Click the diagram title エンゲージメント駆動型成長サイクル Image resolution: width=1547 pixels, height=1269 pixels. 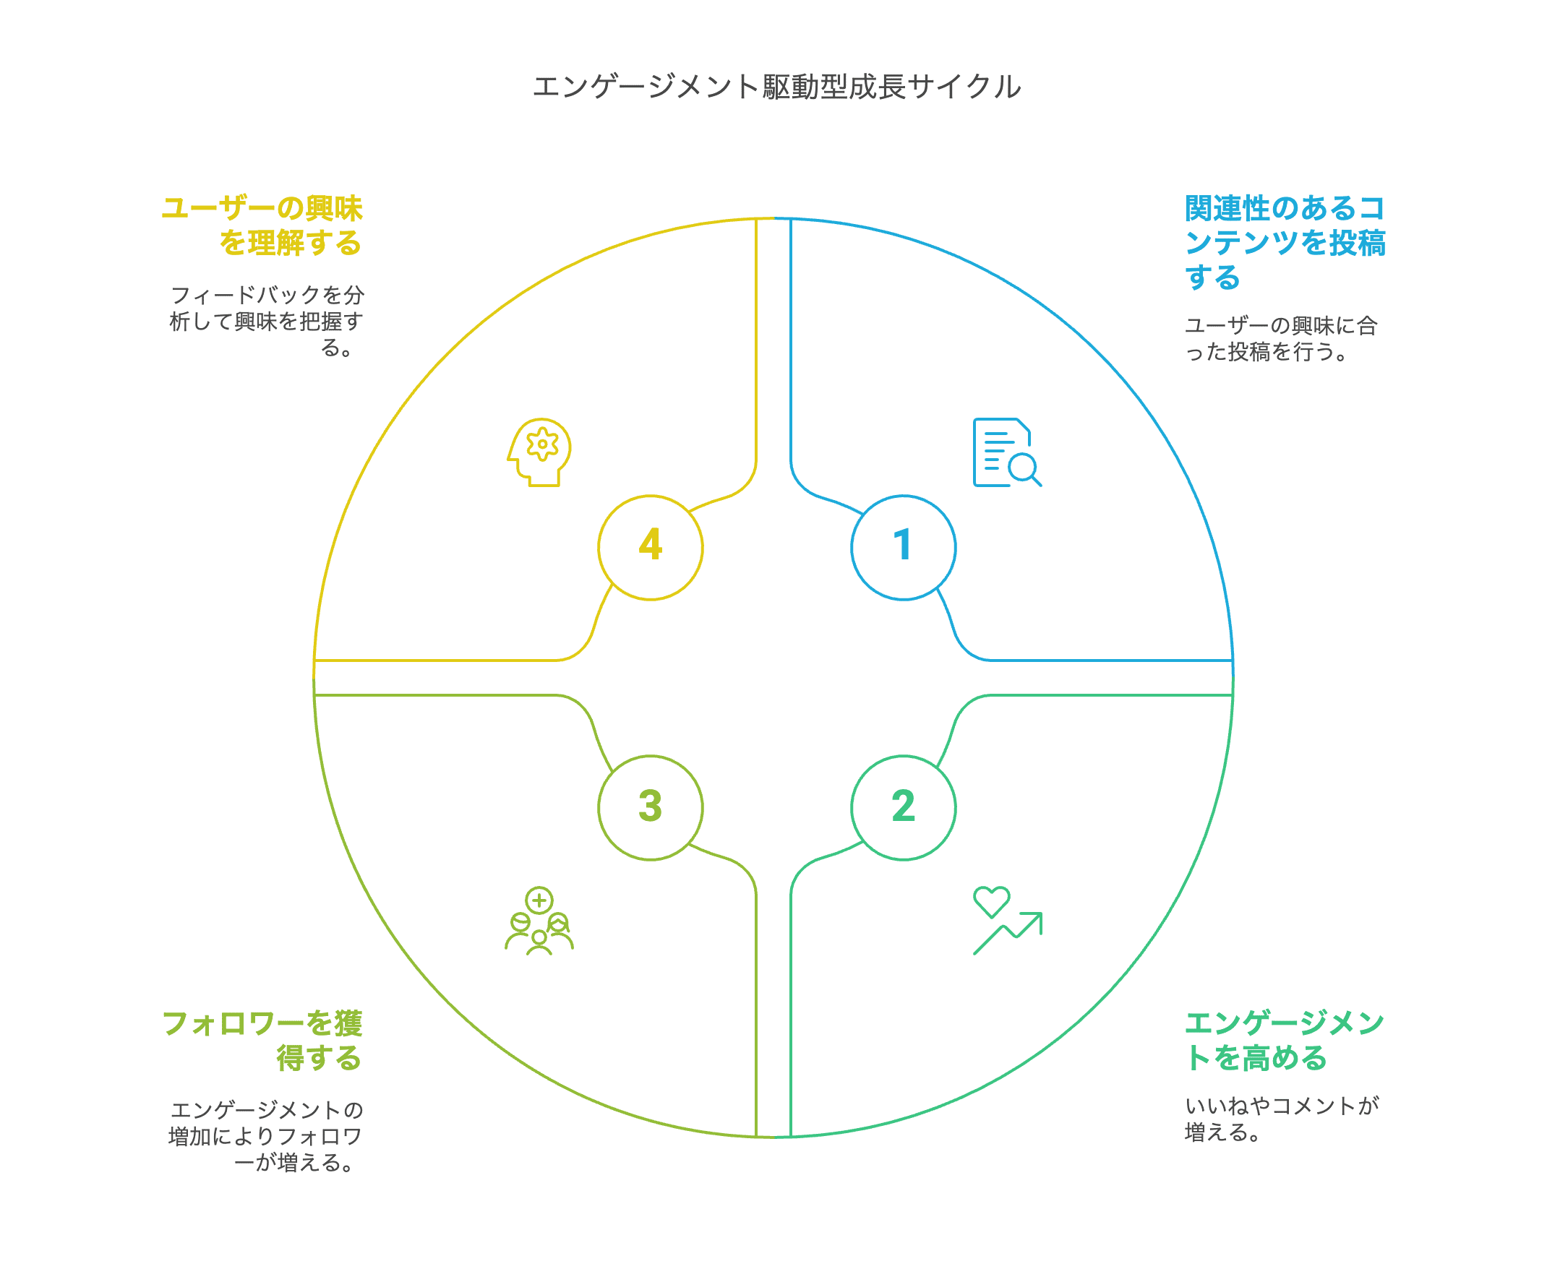click(x=776, y=87)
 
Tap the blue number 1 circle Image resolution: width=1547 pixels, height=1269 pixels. click(x=903, y=547)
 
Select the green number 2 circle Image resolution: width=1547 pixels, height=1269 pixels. click(x=903, y=807)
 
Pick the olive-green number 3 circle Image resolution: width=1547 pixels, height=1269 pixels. click(x=650, y=807)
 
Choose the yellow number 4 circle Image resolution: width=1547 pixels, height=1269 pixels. click(x=650, y=547)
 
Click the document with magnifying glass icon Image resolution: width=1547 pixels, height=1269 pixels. click(x=1006, y=452)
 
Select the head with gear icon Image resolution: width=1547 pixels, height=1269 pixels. click(x=539, y=452)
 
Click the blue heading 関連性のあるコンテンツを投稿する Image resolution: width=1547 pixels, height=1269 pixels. click(x=1284, y=243)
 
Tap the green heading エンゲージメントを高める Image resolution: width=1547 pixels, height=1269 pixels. click(x=1284, y=1040)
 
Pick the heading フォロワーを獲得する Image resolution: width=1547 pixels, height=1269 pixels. click(x=263, y=1040)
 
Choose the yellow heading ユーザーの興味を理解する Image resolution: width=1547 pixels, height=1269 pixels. click(x=263, y=225)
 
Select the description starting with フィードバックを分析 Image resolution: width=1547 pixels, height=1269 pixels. click(x=267, y=321)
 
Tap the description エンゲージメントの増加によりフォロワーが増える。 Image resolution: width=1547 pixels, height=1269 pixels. click(x=266, y=1136)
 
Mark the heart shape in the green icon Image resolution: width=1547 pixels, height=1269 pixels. click(x=991, y=900)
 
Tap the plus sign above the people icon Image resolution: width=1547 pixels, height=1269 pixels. click(x=539, y=900)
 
